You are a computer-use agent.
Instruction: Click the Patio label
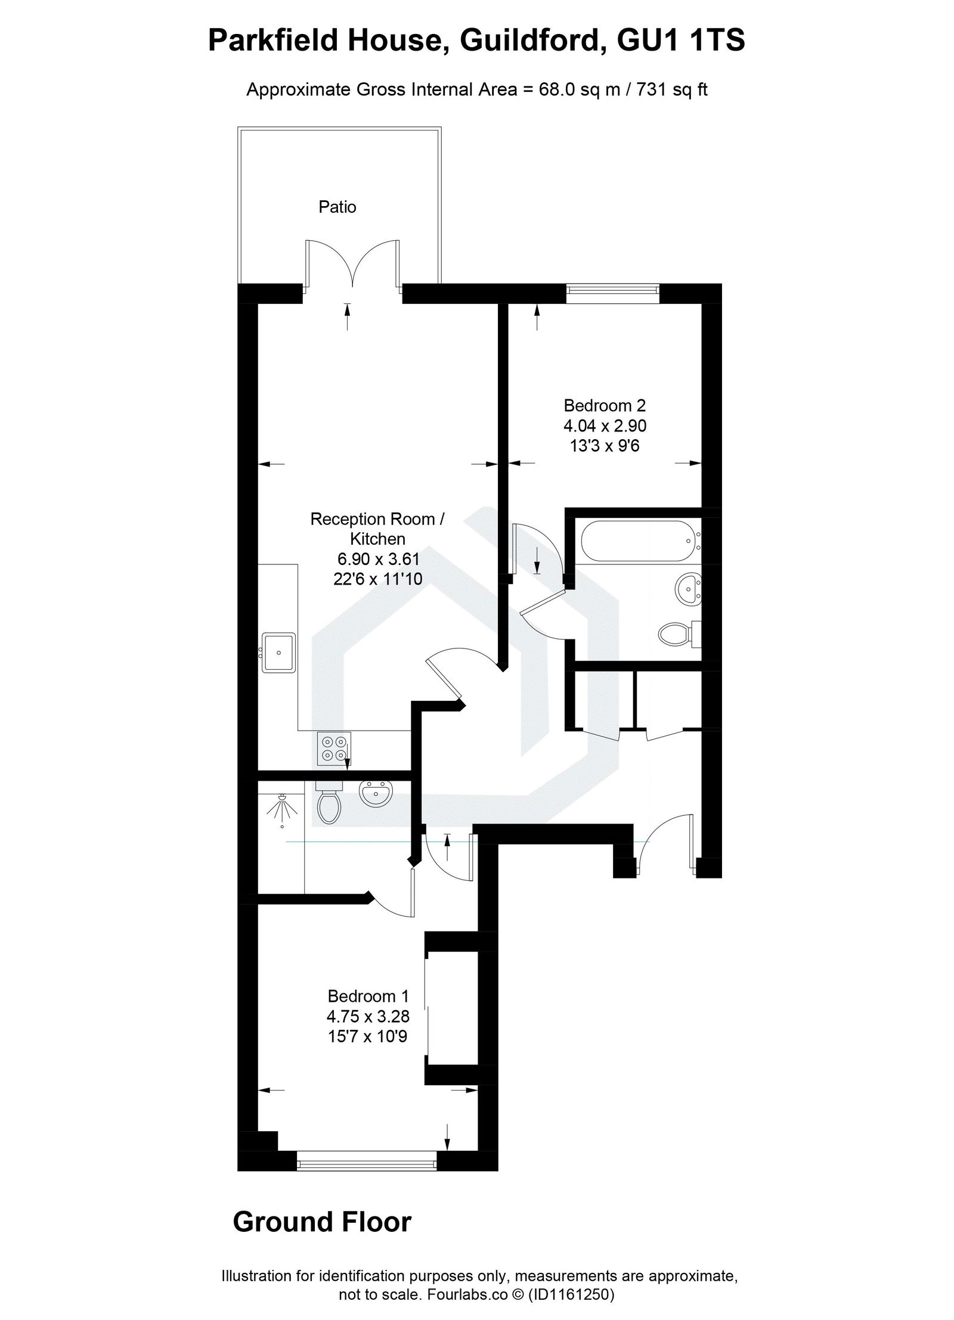[337, 207]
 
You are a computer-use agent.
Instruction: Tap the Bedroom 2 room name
[605, 406]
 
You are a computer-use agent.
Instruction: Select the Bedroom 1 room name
[368, 996]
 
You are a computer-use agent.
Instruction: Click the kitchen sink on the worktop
[279, 652]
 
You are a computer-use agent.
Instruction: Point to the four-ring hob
[333, 748]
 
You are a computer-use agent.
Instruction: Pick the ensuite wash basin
[376, 794]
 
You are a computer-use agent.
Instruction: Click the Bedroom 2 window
[613, 290]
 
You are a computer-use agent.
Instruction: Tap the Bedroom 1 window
[367, 1157]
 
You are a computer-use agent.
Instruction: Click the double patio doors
[353, 265]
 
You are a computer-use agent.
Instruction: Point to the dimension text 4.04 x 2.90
[605, 426]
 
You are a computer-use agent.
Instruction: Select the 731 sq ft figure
[671, 90]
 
